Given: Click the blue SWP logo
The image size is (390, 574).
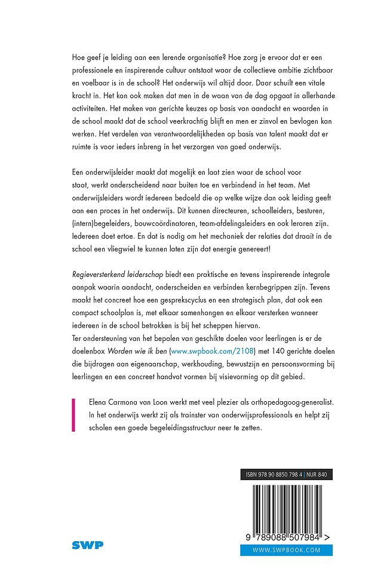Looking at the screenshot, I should pos(87,545).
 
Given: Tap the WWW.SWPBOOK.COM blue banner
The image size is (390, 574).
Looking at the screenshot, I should pos(287,550).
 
